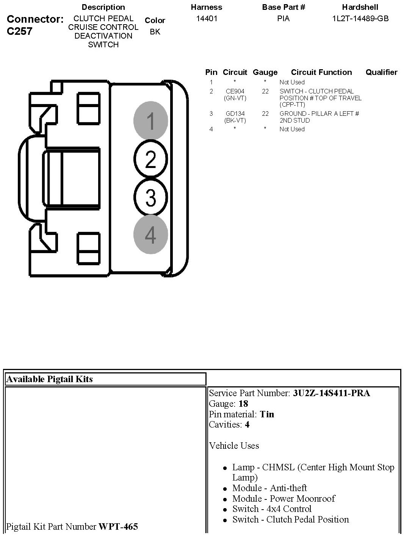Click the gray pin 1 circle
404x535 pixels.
(x=150, y=121)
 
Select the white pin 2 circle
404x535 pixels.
(x=150, y=159)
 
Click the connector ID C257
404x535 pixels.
(x=20, y=31)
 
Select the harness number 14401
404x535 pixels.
(x=207, y=19)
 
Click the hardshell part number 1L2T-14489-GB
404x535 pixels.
(x=360, y=19)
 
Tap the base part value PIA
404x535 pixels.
(x=283, y=19)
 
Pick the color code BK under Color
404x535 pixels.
(x=155, y=32)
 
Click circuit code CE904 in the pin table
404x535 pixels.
(x=235, y=91)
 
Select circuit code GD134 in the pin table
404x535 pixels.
(x=235, y=114)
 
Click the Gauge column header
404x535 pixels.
(x=265, y=72)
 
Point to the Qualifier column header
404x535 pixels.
(x=381, y=72)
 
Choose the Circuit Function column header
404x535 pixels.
(x=321, y=72)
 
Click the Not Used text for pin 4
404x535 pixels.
(x=292, y=129)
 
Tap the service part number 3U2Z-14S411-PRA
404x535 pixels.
(x=331, y=393)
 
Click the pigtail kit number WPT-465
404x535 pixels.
(x=118, y=526)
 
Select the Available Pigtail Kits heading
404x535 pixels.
(x=49, y=379)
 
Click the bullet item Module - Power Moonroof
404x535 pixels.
(x=283, y=499)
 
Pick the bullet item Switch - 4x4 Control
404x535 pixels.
(x=272, y=509)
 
